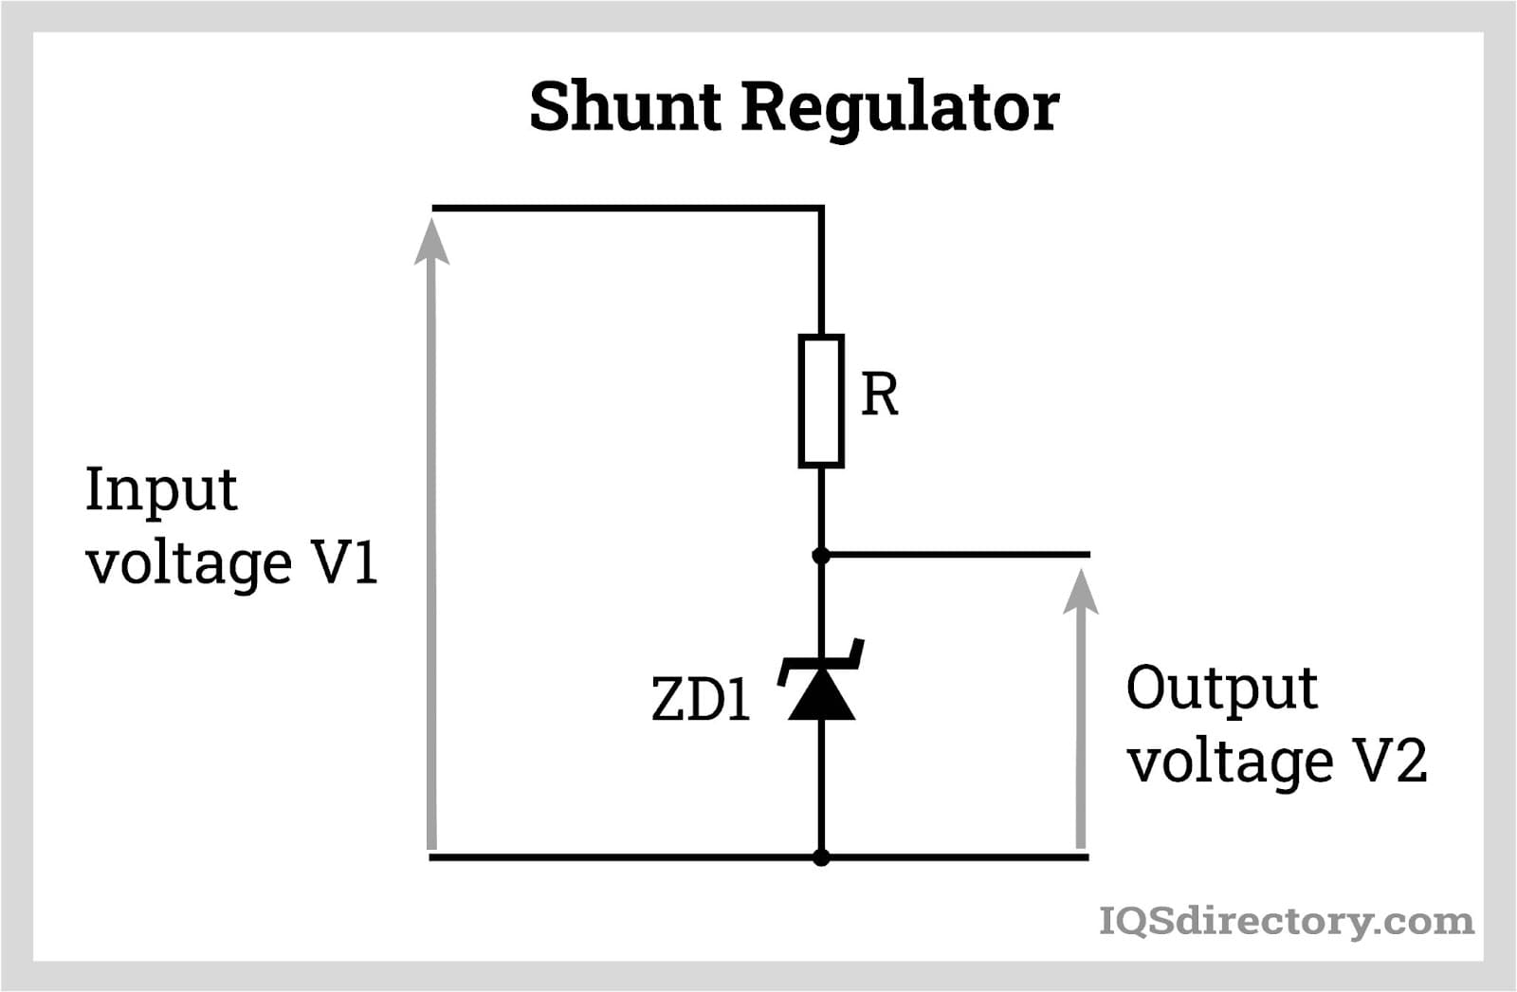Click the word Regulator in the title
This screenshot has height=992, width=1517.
(x=900, y=108)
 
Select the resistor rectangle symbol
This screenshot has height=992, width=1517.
(x=821, y=400)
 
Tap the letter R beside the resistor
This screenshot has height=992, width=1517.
(x=879, y=395)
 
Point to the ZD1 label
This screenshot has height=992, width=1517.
(x=701, y=701)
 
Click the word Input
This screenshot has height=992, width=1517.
(x=161, y=491)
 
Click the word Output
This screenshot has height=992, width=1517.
(x=1221, y=689)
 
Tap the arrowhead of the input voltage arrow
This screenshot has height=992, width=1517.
(x=431, y=239)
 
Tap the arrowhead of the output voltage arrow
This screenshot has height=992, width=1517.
(x=1080, y=590)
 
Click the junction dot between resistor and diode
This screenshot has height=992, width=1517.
(x=821, y=555)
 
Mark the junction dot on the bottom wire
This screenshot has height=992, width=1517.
(x=821, y=857)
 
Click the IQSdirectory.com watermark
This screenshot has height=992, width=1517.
(x=1286, y=921)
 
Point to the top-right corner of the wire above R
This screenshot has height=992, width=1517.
(x=821, y=207)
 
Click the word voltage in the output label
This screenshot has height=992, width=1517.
(x=1230, y=761)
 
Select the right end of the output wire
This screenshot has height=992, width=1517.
(x=1087, y=554)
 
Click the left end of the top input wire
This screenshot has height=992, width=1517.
(x=434, y=207)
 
